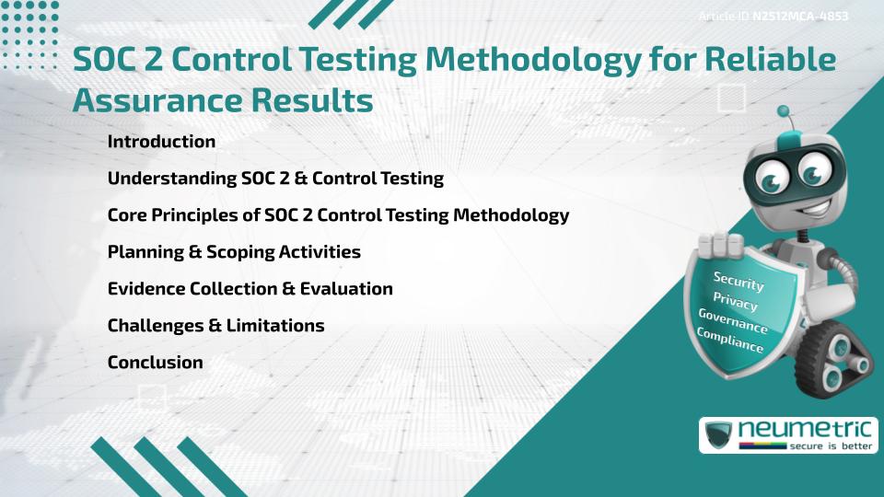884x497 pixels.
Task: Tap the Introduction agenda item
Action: coord(161,142)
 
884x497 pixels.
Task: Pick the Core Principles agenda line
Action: coord(338,215)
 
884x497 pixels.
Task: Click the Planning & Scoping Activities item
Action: coord(234,252)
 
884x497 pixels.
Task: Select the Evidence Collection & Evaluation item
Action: coord(250,289)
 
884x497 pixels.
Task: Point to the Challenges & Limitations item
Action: coord(215,326)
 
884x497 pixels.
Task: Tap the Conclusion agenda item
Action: coord(155,363)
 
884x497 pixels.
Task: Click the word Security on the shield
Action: coord(739,282)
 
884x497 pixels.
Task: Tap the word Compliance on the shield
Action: coord(729,340)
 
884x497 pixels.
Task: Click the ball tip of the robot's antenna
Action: coord(785,112)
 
